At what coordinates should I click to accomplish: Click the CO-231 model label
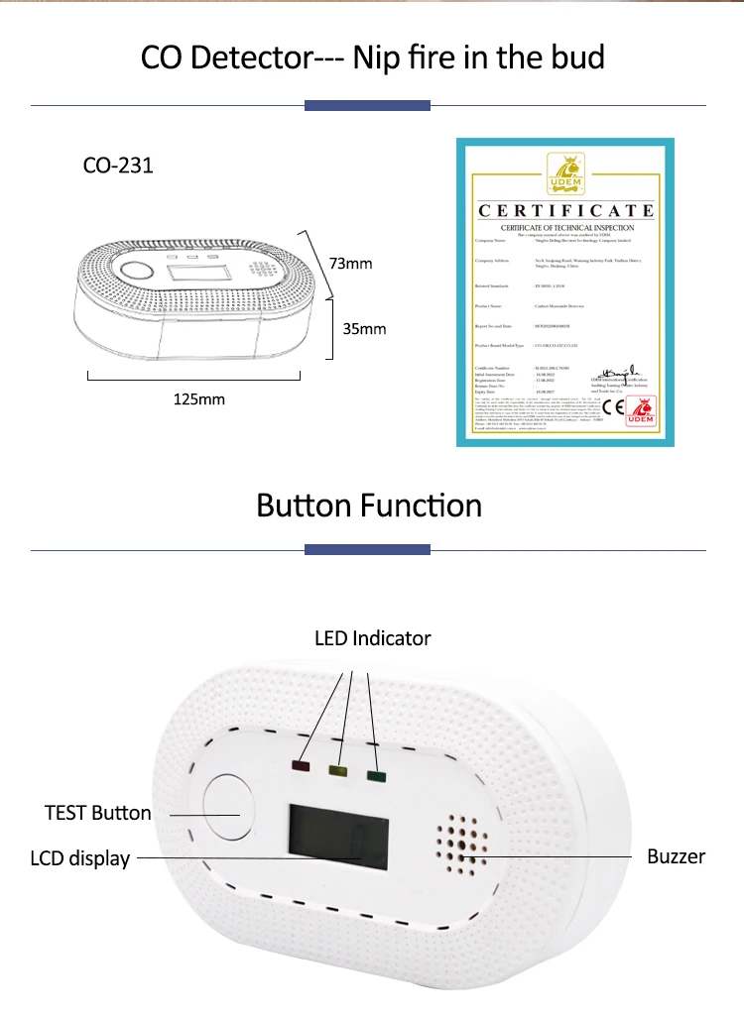118,165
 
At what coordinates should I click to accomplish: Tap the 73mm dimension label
350,263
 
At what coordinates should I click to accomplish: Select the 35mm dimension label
364,328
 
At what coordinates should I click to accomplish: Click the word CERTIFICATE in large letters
566,210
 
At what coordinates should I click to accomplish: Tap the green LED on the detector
375,776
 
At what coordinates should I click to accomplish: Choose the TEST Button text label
98,813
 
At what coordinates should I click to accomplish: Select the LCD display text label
80,858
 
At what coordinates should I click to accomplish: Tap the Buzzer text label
676,856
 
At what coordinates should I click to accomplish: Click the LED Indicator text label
373,638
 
